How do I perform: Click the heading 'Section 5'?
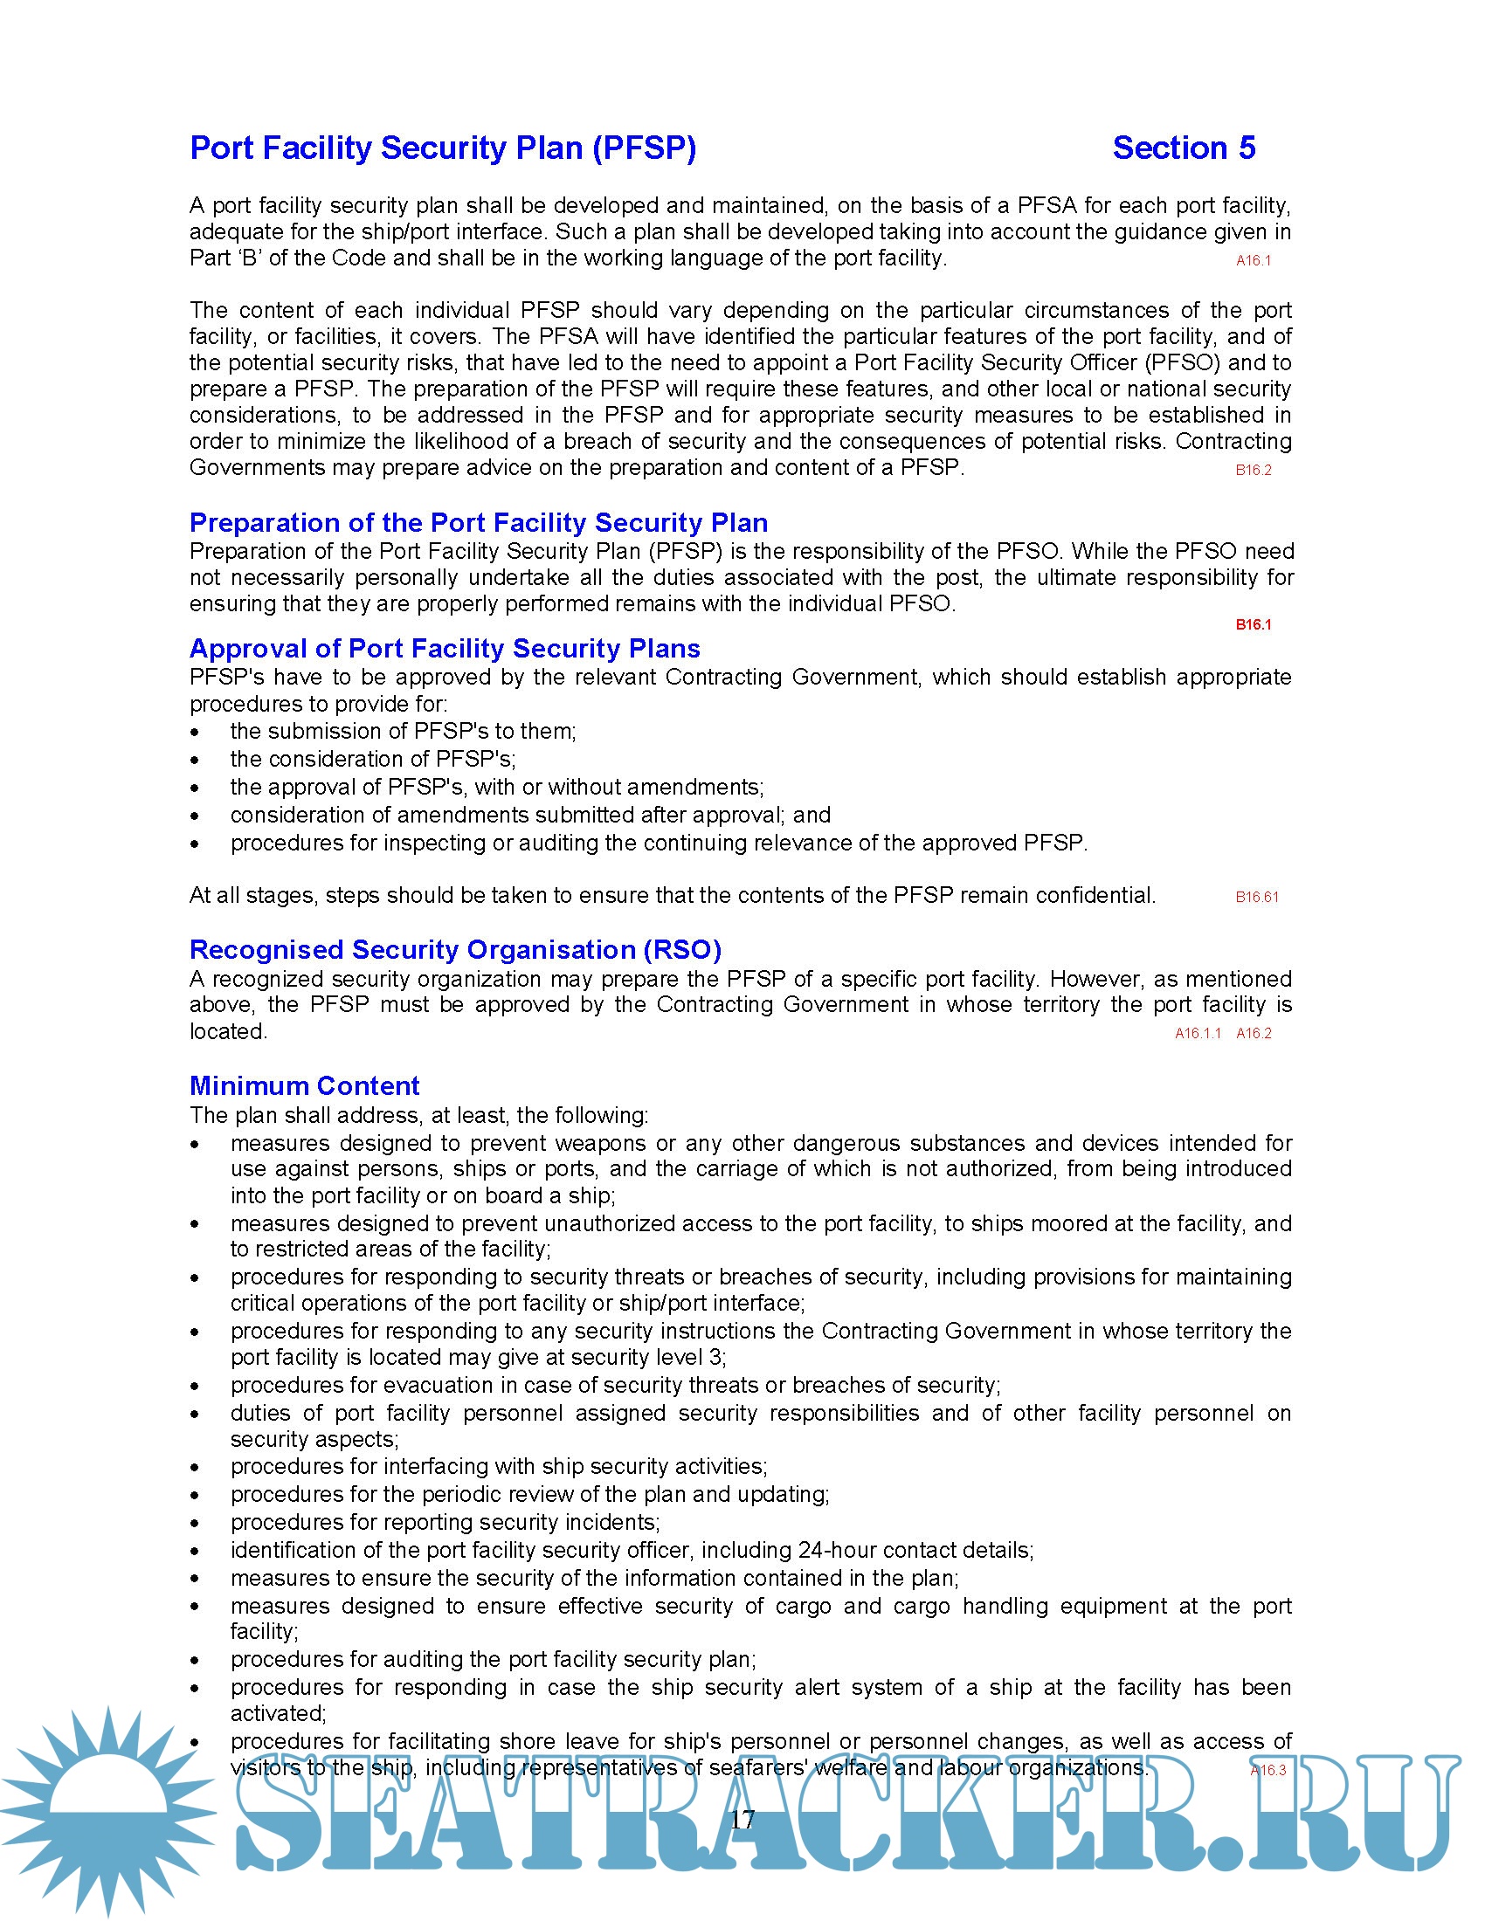click(x=1184, y=148)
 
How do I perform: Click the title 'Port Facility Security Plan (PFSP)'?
click(x=444, y=148)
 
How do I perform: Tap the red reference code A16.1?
click(x=1253, y=260)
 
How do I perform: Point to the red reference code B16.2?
click(x=1253, y=470)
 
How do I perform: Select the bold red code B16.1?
click(x=1253, y=624)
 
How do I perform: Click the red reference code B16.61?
click(x=1256, y=897)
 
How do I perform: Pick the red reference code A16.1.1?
click(x=1198, y=1034)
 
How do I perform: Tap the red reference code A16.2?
click(x=1254, y=1034)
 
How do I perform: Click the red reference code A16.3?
click(x=1267, y=1770)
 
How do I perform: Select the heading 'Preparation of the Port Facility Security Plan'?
click(x=479, y=522)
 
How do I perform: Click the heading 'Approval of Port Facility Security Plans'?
click(x=445, y=648)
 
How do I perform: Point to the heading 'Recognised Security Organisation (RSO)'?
click(x=455, y=950)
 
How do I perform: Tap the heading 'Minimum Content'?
click(x=304, y=1085)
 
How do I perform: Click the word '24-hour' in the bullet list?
click(x=832, y=1550)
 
